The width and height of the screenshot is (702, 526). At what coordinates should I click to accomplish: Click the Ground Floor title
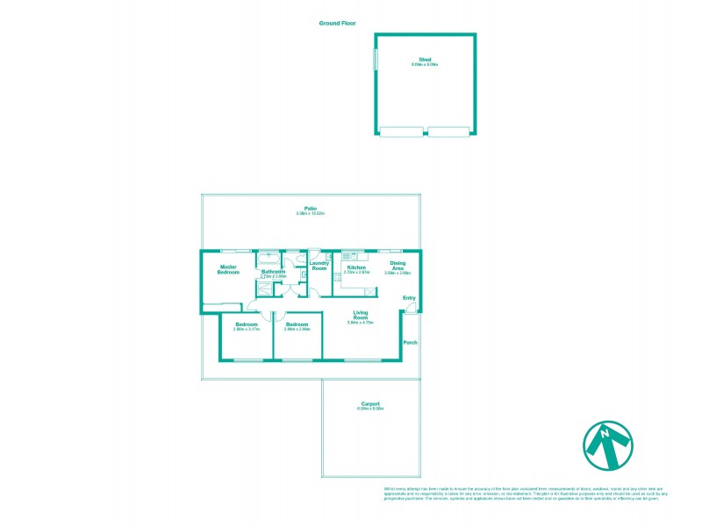coord(337,24)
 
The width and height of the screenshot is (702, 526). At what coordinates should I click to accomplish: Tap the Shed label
coord(425,60)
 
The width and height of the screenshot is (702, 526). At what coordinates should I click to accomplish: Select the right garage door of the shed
coord(450,132)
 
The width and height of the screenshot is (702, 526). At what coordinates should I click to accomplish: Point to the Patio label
coord(311,209)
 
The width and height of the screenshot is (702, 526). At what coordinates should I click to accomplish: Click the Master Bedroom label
coord(229,269)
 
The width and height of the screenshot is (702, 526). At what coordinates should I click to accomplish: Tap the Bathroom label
coord(273,272)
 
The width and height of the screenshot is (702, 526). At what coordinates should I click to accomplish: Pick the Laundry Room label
coord(319,266)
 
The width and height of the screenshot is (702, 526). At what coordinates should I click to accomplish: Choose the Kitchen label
coord(355,267)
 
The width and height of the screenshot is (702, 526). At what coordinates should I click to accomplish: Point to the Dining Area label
coord(398,266)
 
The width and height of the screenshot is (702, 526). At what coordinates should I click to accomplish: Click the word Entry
coord(408,298)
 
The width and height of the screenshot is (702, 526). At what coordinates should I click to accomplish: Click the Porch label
coord(409,342)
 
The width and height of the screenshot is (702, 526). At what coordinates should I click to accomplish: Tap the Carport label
coord(370,403)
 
